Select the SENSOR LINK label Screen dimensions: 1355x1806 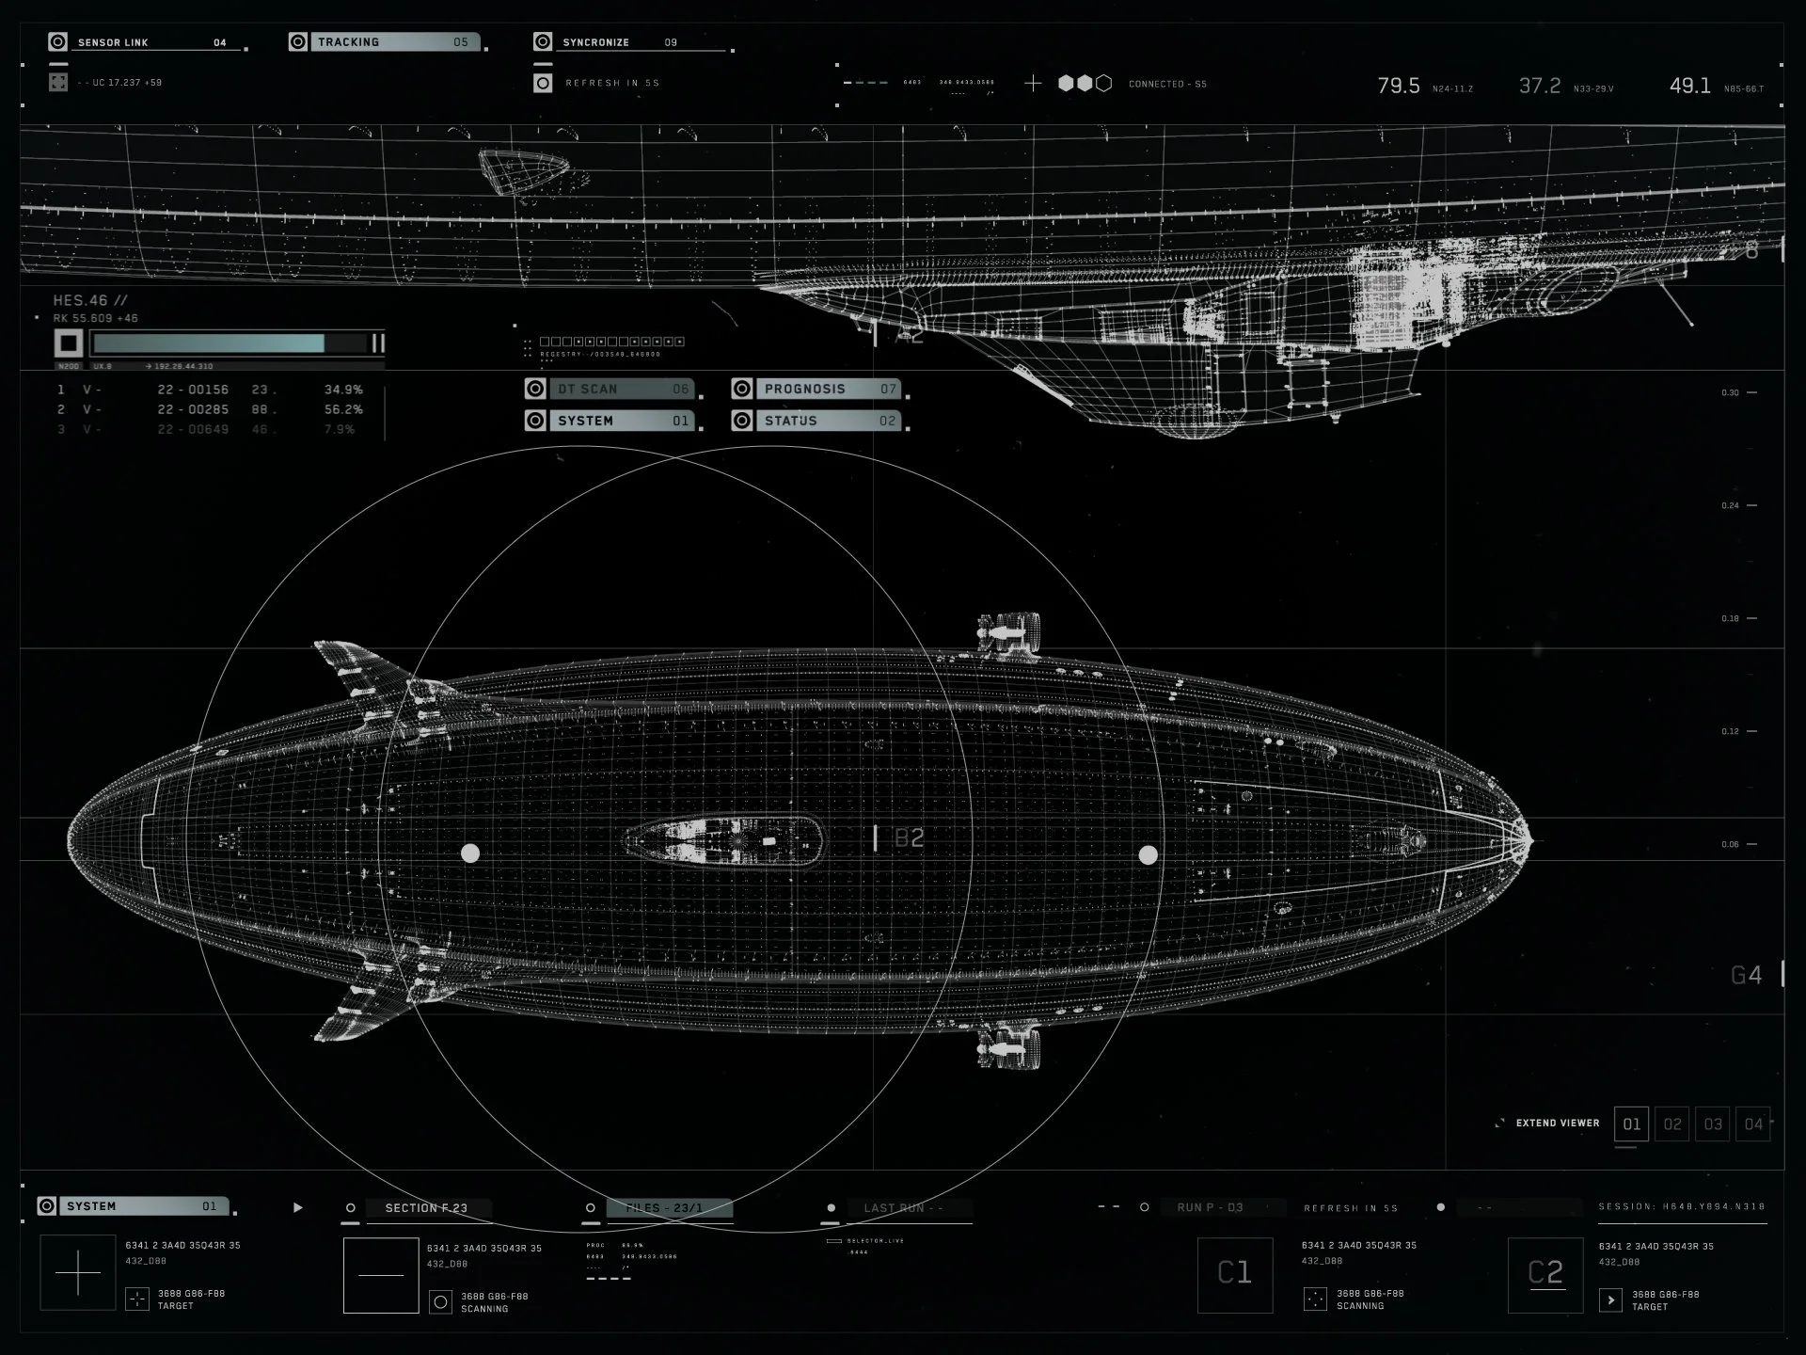click(113, 42)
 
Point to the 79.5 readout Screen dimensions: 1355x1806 click(1399, 86)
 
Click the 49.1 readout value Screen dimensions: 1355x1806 click(1689, 86)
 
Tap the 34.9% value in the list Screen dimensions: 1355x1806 click(343, 390)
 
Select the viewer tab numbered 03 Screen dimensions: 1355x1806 click(1713, 1124)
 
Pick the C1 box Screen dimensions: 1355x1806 click(1234, 1274)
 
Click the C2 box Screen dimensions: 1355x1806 click(1545, 1274)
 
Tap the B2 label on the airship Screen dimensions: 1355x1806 click(909, 837)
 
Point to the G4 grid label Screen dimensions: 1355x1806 click(1746, 975)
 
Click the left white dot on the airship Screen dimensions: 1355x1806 click(470, 853)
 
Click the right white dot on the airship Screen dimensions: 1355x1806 click(1148, 854)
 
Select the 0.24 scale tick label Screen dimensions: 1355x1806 click(1730, 505)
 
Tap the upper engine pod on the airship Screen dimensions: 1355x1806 click(1009, 633)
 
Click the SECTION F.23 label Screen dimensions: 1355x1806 click(426, 1207)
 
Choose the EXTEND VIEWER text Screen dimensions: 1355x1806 click(1557, 1123)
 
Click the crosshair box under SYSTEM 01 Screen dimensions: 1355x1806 click(78, 1273)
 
